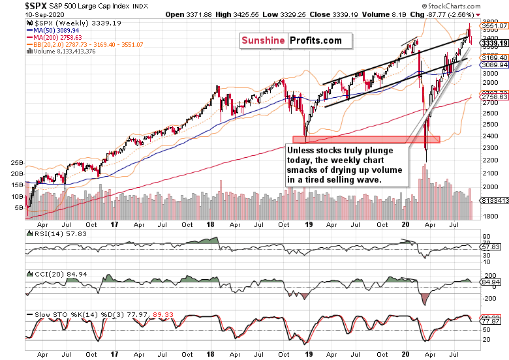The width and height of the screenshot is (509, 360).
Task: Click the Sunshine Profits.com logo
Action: click(x=291, y=40)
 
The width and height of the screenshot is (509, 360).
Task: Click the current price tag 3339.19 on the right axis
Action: click(x=494, y=44)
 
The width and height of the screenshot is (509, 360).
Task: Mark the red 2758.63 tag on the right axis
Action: click(x=494, y=97)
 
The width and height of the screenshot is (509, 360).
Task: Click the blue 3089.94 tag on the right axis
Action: click(x=494, y=65)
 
